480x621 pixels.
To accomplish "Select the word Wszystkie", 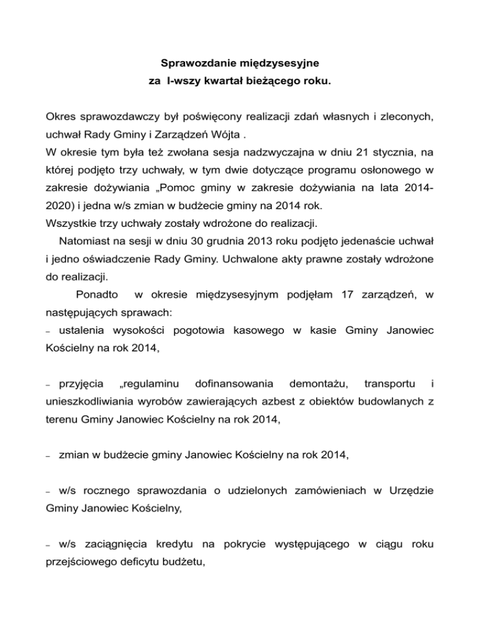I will coord(69,221).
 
